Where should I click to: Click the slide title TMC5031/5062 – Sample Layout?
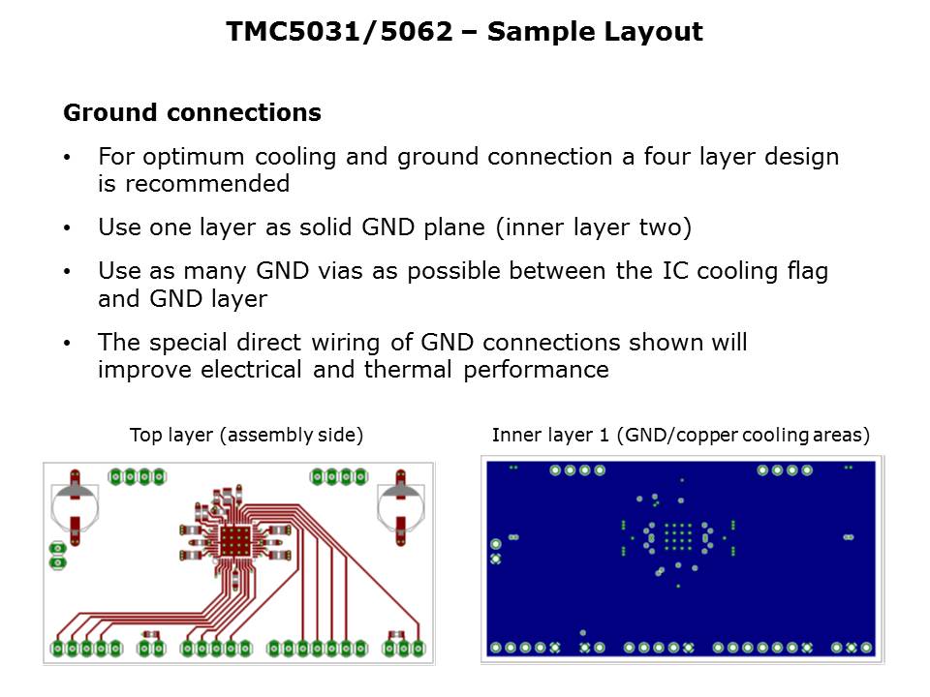pyautogui.click(x=464, y=31)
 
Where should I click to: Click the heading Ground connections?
pyautogui.click(x=192, y=112)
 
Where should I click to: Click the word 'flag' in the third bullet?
pyautogui.click(x=807, y=272)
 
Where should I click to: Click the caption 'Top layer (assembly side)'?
pyautogui.click(x=246, y=435)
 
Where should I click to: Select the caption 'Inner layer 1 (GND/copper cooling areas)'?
pyautogui.click(x=681, y=435)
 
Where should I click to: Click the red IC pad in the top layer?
pyautogui.click(x=234, y=540)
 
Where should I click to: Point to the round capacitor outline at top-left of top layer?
pyautogui.click(x=75, y=507)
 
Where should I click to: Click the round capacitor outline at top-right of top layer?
pyautogui.click(x=401, y=507)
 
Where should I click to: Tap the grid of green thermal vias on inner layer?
pyautogui.click(x=678, y=537)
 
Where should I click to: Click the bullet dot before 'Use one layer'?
pyautogui.click(x=67, y=228)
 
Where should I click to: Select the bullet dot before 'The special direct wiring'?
pyautogui.click(x=67, y=343)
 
